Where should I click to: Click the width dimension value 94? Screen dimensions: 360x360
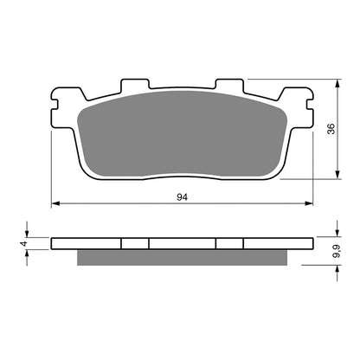[183, 197]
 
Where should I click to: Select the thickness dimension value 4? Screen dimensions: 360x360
[25, 244]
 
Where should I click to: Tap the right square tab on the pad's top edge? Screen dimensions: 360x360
[227, 85]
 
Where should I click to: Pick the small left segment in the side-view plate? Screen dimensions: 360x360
[134, 244]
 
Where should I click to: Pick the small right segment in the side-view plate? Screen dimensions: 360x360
[228, 244]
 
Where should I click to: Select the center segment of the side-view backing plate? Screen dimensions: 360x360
[181, 244]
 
